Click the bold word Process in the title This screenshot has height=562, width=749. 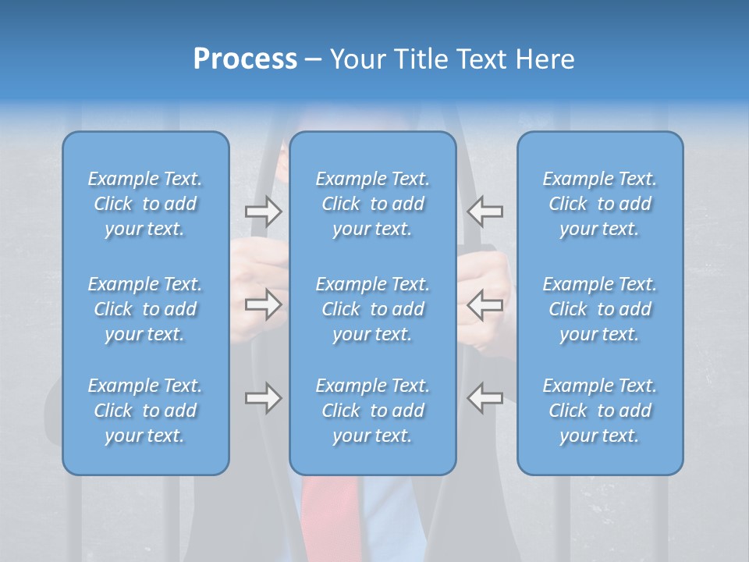[x=245, y=59]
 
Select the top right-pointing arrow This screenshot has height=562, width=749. [x=264, y=211]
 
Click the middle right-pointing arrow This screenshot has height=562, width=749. [x=264, y=304]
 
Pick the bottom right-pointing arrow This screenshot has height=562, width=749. [x=264, y=398]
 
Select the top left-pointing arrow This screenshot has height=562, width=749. [x=485, y=211]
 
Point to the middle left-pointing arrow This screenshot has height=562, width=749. [x=485, y=304]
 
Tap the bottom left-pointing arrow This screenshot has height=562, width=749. [x=485, y=398]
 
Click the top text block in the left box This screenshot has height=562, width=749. [x=145, y=204]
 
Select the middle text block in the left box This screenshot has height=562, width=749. [x=145, y=309]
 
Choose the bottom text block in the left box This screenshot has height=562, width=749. [x=145, y=411]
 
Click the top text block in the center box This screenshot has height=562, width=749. [x=372, y=204]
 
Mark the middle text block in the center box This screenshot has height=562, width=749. [x=372, y=309]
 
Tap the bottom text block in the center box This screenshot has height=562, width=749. [x=372, y=411]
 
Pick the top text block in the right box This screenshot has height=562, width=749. [x=599, y=204]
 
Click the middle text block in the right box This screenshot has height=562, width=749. [x=599, y=309]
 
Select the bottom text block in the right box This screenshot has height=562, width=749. [x=599, y=411]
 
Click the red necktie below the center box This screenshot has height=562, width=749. [x=331, y=515]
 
